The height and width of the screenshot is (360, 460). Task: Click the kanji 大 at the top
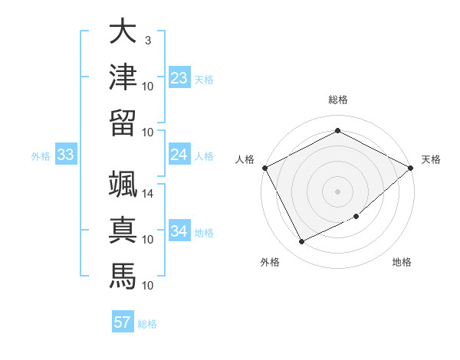123,32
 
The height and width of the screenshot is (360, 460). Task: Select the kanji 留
123,123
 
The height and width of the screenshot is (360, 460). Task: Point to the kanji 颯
123,185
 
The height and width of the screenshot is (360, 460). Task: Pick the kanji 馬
123,276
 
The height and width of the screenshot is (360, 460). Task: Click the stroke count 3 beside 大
147,41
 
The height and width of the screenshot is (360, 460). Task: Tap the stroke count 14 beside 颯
148,194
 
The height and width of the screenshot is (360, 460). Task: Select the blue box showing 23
179,78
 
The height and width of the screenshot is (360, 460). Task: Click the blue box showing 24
179,155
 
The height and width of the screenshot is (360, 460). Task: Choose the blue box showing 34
179,231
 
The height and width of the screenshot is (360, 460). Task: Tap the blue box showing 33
65,155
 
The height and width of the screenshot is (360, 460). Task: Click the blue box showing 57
122,322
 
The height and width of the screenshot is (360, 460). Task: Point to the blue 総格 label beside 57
147,324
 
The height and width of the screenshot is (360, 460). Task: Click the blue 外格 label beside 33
41,156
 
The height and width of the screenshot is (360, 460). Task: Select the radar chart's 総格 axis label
337,100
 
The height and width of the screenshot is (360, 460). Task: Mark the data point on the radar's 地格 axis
356,217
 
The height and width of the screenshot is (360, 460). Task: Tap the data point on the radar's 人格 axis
264,168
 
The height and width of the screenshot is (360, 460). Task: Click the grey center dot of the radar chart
337,191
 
